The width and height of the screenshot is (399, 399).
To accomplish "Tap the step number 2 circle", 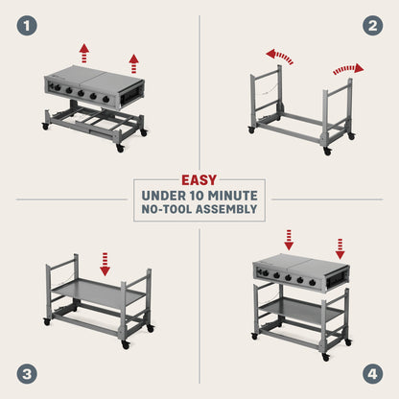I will [x=372, y=26].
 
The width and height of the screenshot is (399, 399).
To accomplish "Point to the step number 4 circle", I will [x=372, y=373].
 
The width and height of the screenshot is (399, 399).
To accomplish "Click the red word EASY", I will [x=199, y=179].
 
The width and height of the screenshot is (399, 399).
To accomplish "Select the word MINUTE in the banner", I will [x=236, y=197].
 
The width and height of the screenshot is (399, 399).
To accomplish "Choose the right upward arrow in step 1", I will [x=133, y=63].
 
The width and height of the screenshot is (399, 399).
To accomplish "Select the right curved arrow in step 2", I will [x=348, y=69].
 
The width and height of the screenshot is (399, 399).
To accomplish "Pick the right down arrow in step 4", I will [x=340, y=247].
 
